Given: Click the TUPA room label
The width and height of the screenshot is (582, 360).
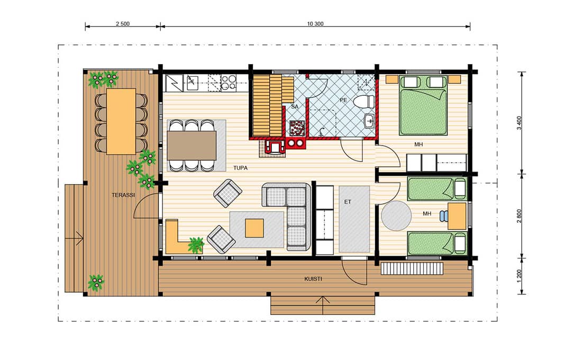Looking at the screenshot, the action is pyautogui.click(x=241, y=168).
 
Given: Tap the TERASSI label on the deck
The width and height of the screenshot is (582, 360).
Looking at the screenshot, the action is pyautogui.click(x=123, y=195).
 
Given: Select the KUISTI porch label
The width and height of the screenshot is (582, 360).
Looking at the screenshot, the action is pyautogui.click(x=313, y=278).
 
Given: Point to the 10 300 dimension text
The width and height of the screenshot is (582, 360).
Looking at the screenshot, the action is pyautogui.click(x=315, y=24).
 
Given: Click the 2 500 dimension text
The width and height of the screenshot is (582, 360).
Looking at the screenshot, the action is pyautogui.click(x=123, y=24).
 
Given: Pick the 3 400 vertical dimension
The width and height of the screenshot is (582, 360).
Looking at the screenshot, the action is pyautogui.click(x=519, y=123).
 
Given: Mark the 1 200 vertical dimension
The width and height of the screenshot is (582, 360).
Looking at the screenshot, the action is pyautogui.click(x=519, y=276).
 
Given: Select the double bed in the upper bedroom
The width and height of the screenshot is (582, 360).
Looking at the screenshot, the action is pyautogui.click(x=423, y=105).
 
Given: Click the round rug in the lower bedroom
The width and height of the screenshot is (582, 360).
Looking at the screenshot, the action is pyautogui.click(x=396, y=216).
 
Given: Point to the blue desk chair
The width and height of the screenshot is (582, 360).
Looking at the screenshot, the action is pyautogui.click(x=444, y=216).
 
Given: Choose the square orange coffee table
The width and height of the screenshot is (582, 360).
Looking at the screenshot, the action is pyautogui.click(x=254, y=228).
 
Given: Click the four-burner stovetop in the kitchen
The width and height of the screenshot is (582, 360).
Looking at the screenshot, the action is pyautogui.click(x=229, y=83).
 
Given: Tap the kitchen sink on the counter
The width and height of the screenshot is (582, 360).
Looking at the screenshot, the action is pyautogui.click(x=192, y=82).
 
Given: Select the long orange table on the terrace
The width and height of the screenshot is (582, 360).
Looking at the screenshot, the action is pyautogui.click(x=121, y=121).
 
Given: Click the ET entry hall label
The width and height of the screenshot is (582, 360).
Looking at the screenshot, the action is pyautogui.click(x=348, y=202).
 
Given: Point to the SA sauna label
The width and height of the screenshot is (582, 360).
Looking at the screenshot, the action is pyautogui.click(x=295, y=106).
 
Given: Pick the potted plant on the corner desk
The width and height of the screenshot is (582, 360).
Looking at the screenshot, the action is pyautogui.click(x=196, y=245).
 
